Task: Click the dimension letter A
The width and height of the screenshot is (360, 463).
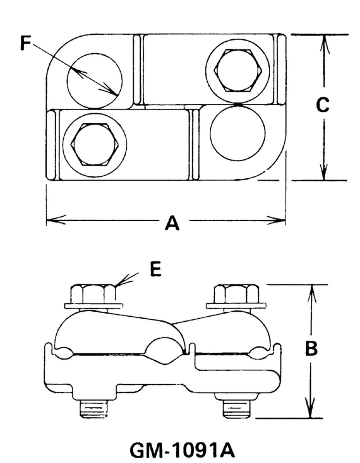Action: point(172,223)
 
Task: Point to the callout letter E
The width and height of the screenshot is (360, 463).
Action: point(155,270)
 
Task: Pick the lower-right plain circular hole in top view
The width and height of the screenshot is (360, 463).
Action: point(238,132)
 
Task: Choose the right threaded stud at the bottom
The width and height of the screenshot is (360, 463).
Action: point(237,409)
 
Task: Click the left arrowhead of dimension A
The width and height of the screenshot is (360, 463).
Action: point(52,221)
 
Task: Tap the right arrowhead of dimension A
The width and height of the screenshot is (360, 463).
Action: point(279,221)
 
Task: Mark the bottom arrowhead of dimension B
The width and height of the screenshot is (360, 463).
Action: point(311,411)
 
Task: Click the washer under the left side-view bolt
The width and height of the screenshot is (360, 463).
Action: point(93,306)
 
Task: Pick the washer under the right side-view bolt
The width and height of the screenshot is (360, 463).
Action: point(236,306)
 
